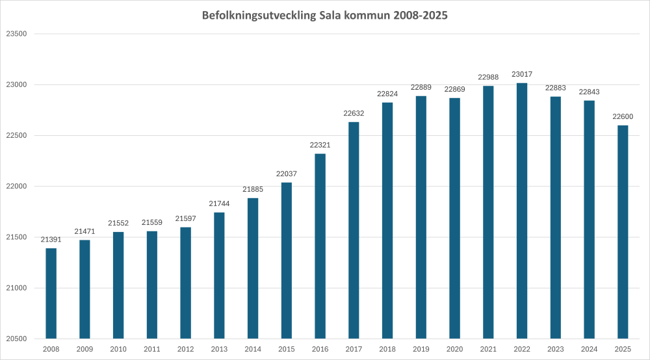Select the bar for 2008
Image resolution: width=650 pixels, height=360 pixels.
[x=51, y=293]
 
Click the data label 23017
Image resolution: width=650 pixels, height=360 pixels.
[x=521, y=74]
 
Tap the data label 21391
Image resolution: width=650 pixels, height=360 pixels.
[x=51, y=239]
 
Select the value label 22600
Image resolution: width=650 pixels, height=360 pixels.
[x=622, y=116]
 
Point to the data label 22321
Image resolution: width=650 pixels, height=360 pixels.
[x=320, y=145]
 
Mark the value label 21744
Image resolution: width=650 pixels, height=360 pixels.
[x=219, y=203]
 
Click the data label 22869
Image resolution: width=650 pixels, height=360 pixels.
[x=454, y=89]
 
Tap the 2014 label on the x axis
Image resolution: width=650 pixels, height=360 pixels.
[x=253, y=350]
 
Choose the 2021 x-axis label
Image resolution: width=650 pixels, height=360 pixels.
[x=487, y=350]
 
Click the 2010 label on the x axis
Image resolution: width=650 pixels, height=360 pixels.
[x=118, y=350]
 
